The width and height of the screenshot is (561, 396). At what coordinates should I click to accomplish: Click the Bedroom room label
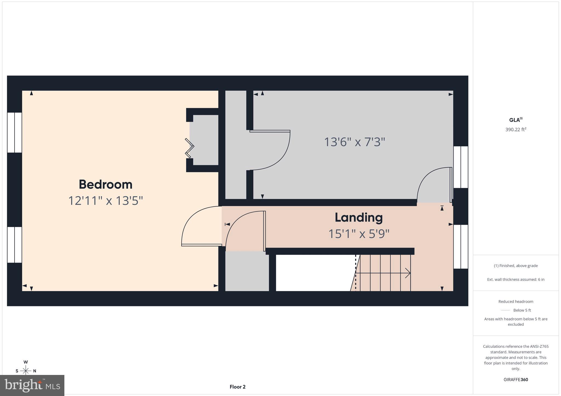(105, 185)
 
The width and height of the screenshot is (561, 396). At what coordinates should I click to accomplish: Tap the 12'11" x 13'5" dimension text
(105, 201)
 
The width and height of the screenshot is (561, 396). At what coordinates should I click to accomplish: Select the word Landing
(359, 218)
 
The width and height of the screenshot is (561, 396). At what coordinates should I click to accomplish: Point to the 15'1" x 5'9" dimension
(359, 234)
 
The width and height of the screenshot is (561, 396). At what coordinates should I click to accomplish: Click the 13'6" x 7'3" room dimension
(354, 142)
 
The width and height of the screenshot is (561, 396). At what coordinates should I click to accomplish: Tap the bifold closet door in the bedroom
(190, 148)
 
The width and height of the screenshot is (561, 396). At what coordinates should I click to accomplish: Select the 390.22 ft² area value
(516, 130)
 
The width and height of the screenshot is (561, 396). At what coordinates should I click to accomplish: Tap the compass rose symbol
(26, 371)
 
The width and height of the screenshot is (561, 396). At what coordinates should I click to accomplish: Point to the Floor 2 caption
(237, 387)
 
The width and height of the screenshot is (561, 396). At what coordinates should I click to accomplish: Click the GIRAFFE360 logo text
(516, 380)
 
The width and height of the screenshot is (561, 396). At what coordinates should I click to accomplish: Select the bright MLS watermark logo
(32, 386)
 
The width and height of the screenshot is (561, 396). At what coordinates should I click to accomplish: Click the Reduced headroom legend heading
(516, 302)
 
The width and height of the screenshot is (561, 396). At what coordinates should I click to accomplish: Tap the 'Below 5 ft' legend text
(522, 310)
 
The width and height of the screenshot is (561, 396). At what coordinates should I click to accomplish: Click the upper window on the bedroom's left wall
(14, 132)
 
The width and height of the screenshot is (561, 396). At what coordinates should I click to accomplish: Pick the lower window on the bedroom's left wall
(14, 245)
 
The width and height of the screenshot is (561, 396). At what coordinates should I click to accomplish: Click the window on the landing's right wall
(460, 247)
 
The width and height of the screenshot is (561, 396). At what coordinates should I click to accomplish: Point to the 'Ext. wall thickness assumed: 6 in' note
(516, 279)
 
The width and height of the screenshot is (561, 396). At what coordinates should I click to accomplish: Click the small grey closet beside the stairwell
(247, 271)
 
